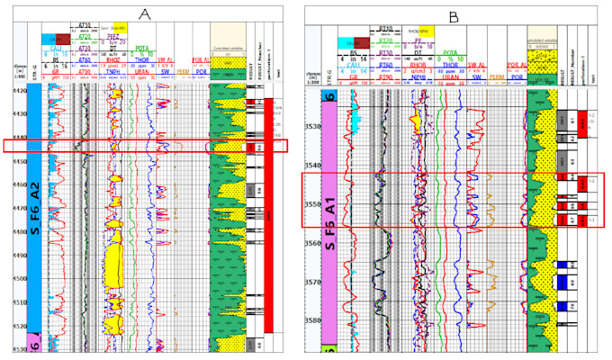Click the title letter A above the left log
click(145, 13)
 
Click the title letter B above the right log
click(454, 13)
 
